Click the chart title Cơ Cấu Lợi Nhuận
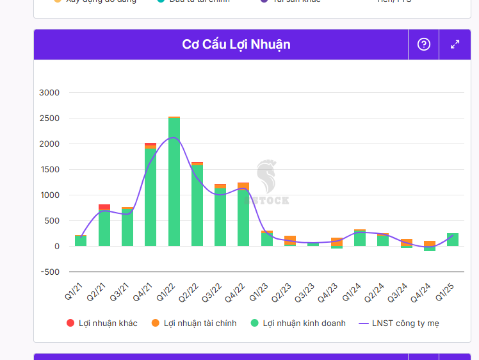pos(236,44)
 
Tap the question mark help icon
pos(424,44)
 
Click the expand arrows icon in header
pos(455,44)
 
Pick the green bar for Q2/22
pos(197,205)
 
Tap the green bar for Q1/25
pos(453,240)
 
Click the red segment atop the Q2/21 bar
pos(104,206)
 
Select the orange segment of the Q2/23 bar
pos(290,240)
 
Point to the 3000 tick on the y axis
pos(49,93)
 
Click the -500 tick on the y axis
pos(49,272)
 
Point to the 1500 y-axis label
pos(49,170)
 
